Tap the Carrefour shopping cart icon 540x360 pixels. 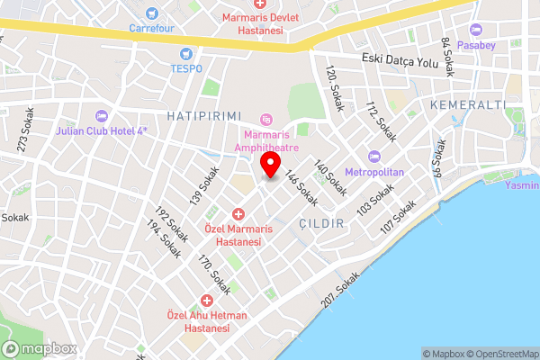click(151, 13)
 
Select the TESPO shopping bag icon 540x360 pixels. click(186, 54)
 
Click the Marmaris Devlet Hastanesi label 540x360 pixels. click(253, 23)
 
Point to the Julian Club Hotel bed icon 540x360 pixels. click(101, 115)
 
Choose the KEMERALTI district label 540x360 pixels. click(464, 105)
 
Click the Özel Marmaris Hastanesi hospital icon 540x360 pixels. click(238, 213)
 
